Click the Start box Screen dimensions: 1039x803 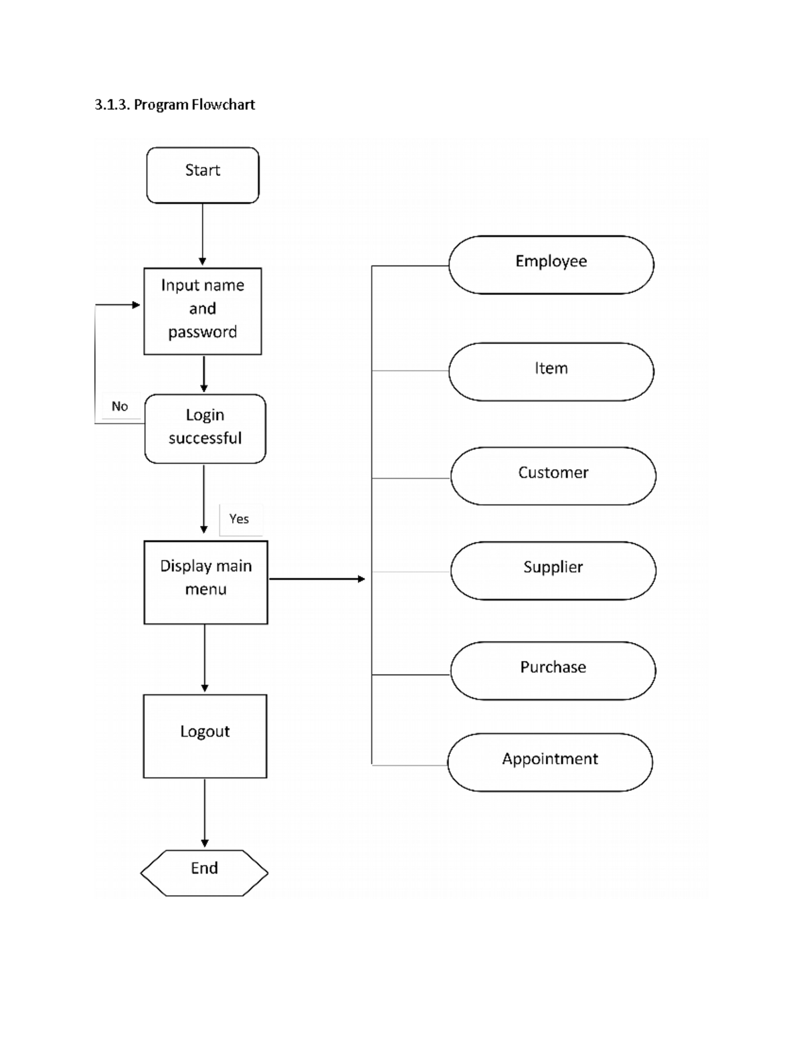click(203, 175)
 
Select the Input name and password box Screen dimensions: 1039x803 click(203, 311)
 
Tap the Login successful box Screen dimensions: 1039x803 click(205, 428)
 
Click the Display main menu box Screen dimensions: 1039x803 click(205, 582)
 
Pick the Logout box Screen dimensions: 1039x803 click(205, 735)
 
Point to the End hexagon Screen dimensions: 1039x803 click(204, 872)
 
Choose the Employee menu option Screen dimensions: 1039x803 click(551, 264)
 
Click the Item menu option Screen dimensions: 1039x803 click(551, 371)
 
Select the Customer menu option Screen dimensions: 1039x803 click(553, 476)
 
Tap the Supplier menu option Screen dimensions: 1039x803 click(553, 570)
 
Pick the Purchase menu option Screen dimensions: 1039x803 click(553, 670)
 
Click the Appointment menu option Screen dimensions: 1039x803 click(550, 762)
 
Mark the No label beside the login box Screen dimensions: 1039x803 click(120, 406)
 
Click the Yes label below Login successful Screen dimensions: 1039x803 click(239, 519)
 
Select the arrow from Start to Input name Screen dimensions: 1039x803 click(202, 234)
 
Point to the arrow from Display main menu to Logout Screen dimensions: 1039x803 click(205, 658)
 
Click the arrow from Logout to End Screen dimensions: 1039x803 click(205, 812)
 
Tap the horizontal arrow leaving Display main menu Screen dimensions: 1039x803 click(316, 579)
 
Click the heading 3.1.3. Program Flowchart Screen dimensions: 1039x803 click(175, 104)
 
